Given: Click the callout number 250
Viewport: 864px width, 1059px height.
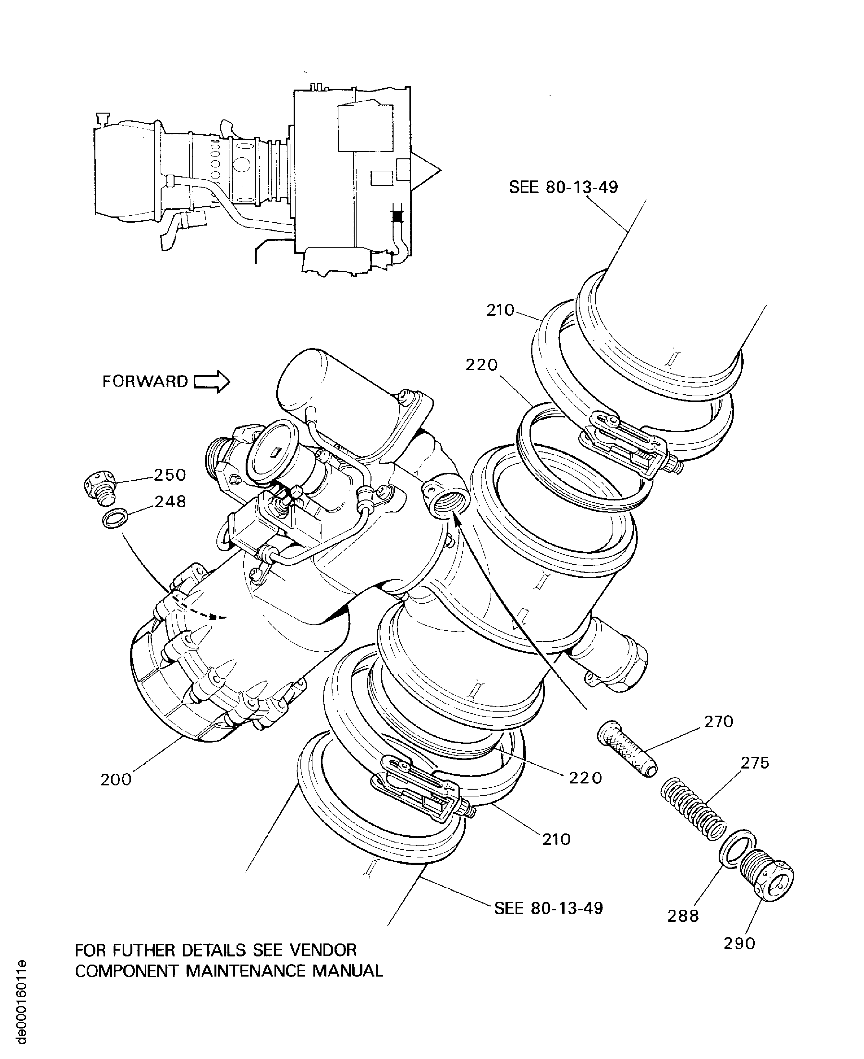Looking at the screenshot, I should [170, 475].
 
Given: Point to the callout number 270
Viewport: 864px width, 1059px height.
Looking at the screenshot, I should [719, 721].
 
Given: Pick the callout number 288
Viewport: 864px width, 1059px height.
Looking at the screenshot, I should [683, 916].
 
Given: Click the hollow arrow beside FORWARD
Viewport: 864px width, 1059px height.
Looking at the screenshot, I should [212, 382].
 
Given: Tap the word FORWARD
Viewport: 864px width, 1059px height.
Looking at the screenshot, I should [145, 382].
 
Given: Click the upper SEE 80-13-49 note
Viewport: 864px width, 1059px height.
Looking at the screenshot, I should [563, 188].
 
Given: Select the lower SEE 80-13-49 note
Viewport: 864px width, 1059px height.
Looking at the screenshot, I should [548, 909].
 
